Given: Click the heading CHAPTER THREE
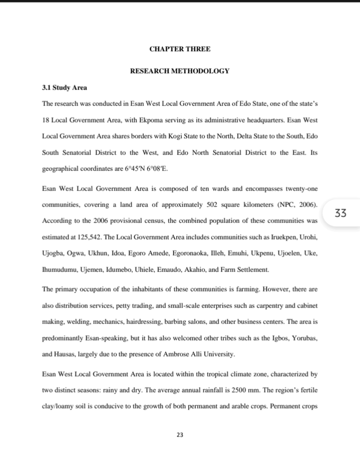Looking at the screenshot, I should (180, 49).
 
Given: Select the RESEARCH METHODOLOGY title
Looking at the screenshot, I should (180, 71).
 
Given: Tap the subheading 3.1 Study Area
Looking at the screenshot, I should (64, 88).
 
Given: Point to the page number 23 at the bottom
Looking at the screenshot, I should (180, 435).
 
